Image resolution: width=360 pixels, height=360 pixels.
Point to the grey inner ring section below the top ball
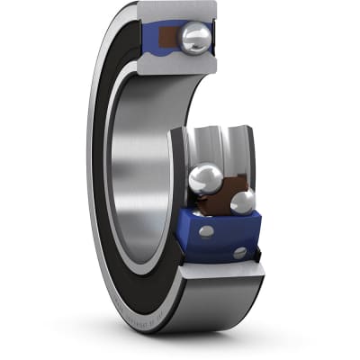coord(184,63)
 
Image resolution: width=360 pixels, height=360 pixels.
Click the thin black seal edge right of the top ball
coord(216,40)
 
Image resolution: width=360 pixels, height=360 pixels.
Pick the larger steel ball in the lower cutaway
coord(206,179)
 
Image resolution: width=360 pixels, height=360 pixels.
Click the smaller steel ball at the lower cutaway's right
coord(243,202)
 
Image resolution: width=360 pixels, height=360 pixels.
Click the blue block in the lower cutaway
coord(220,238)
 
